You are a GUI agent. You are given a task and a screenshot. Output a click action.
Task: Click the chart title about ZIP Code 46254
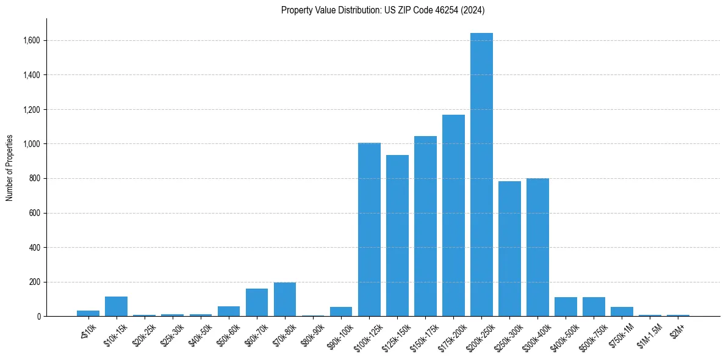(x=383, y=10)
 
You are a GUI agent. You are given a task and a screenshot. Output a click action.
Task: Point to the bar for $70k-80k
(x=285, y=300)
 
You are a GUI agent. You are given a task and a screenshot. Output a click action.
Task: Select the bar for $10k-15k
(x=116, y=306)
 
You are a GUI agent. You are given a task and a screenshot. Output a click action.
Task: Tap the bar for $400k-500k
(x=566, y=307)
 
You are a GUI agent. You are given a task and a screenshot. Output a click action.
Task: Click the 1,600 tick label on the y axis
(x=32, y=41)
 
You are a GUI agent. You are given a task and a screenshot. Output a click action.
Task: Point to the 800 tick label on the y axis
(x=35, y=179)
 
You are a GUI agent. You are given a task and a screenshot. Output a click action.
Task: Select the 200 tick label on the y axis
(x=35, y=283)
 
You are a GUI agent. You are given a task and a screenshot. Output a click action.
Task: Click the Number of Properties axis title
(x=10, y=168)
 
